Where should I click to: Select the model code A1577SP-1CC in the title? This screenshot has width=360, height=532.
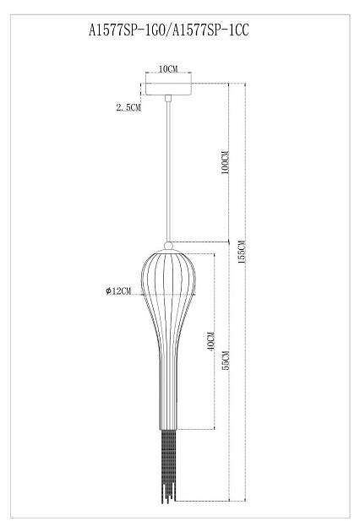[212, 31]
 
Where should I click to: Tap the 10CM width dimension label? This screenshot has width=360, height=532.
[167, 68]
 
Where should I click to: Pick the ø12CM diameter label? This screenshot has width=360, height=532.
[118, 291]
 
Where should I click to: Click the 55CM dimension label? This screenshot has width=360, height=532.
[224, 361]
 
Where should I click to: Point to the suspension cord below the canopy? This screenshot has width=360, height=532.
[170, 169]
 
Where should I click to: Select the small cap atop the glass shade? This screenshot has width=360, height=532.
[170, 246]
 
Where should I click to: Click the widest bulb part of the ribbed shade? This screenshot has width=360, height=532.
[170, 283]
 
